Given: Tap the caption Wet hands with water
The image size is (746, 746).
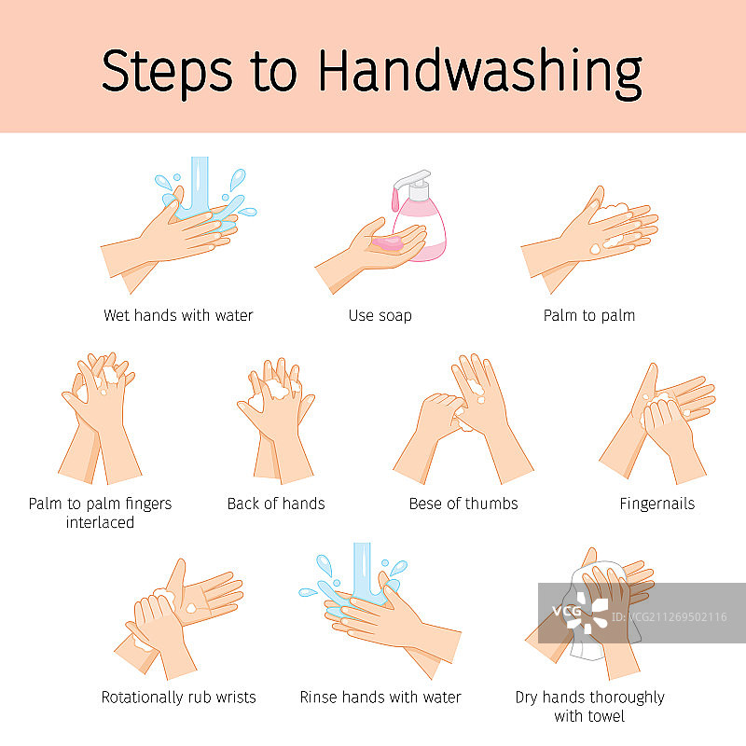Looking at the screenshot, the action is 178,315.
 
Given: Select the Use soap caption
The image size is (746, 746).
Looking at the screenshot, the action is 380,315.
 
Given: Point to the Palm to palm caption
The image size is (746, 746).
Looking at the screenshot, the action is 589,315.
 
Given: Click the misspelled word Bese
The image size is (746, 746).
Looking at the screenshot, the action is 425,504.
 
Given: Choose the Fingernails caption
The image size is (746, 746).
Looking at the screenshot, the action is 657,504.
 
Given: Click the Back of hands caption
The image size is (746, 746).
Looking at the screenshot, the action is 276,504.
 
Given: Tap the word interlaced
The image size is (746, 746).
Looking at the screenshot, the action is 100,522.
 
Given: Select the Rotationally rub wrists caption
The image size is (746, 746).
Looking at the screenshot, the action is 178,698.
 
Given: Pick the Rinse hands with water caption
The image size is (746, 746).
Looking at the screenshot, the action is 380,697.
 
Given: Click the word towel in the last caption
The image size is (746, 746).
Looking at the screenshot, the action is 603,716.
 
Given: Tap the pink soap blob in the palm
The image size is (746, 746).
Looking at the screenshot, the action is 388,243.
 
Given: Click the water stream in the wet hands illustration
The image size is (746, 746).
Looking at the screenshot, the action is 200,183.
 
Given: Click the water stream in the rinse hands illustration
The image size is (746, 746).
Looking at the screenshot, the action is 362,570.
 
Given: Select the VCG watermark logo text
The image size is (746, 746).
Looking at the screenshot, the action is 566,611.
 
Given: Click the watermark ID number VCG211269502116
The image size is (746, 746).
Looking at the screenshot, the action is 669,617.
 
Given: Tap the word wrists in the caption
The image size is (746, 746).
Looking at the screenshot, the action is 236,698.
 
